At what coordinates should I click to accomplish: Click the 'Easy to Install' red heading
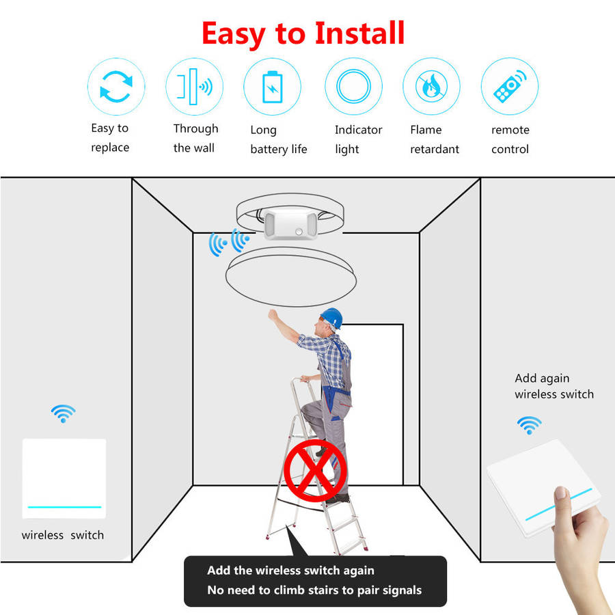(303, 33)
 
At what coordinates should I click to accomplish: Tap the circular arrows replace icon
(116, 87)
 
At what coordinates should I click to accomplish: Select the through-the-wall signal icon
(194, 87)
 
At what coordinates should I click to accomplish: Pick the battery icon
(272, 87)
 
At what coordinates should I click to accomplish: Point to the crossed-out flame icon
(431, 86)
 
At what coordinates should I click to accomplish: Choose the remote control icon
(510, 86)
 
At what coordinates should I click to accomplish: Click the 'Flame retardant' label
(435, 139)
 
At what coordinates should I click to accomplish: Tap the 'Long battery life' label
(279, 139)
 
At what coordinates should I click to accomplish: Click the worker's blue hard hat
(332, 317)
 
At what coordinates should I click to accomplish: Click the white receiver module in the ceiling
(290, 224)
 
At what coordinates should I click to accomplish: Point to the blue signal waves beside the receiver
(229, 243)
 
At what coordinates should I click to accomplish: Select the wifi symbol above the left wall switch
(63, 413)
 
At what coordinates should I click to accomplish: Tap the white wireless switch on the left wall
(64, 478)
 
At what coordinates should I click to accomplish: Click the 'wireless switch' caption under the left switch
(63, 535)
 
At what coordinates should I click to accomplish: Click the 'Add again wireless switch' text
(553, 386)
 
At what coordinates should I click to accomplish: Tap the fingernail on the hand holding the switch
(560, 493)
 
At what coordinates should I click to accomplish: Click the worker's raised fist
(273, 315)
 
